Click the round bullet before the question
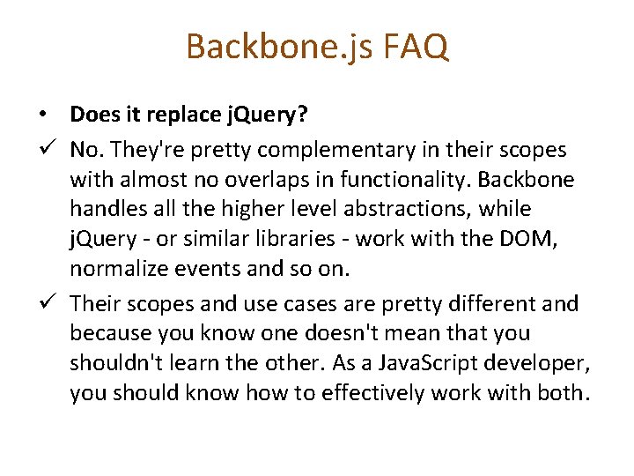[42, 115]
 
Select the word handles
[109, 210]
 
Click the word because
[110, 334]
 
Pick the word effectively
[358, 392]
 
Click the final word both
[557, 392]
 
